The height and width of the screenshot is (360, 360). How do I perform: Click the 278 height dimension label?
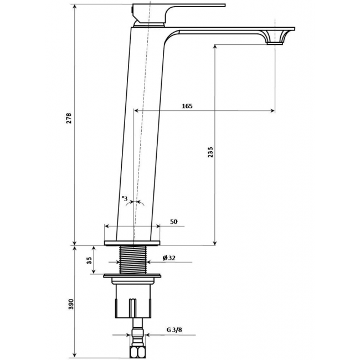(x=69, y=119)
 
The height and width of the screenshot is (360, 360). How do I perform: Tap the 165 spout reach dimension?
(x=187, y=106)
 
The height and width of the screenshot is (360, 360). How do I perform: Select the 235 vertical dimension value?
(x=210, y=152)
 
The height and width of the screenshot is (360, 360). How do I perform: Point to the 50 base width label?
(x=174, y=222)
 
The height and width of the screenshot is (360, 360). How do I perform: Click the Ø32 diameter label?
(x=169, y=258)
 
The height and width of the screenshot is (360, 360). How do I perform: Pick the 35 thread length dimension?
(x=89, y=260)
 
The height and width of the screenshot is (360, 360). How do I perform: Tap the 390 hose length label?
(x=71, y=304)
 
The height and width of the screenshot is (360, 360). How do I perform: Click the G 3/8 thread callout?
(x=174, y=330)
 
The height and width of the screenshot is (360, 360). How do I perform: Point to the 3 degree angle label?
(x=125, y=198)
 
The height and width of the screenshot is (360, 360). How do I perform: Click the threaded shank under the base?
(x=133, y=259)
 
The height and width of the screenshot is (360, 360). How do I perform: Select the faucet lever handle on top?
(x=179, y=14)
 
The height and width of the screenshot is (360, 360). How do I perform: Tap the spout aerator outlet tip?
(x=275, y=43)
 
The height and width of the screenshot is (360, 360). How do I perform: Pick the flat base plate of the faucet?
(x=132, y=243)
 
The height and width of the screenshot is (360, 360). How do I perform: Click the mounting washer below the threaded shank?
(x=132, y=275)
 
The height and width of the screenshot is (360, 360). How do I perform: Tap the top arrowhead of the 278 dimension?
(x=74, y=7)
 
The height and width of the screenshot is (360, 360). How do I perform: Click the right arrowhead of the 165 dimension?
(x=272, y=111)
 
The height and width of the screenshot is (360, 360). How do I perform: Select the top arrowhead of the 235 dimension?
(x=215, y=47)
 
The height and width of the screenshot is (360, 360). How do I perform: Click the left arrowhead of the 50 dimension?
(x=107, y=226)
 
